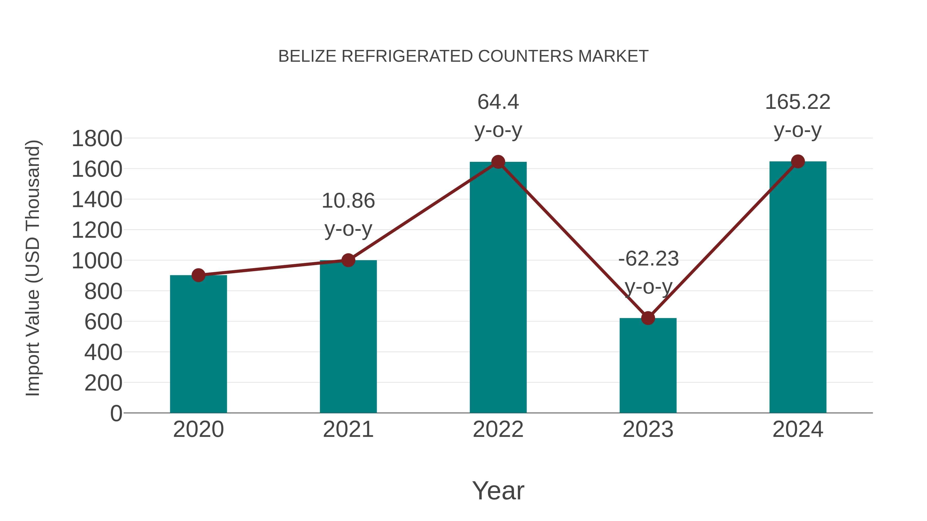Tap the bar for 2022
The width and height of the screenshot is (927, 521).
[x=498, y=287]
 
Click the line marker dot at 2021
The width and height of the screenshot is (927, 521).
[x=348, y=260]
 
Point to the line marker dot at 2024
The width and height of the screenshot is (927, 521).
[x=798, y=161]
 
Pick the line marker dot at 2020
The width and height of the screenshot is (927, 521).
[x=198, y=275]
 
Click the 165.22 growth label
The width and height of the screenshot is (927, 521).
[x=797, y=102]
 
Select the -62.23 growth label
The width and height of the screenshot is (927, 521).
[x=648, y=259]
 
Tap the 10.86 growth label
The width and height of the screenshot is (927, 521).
[x=348, y=201]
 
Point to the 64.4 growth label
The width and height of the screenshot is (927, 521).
[x=498, y=102]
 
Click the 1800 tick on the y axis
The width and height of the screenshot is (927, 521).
[x=97, y=139]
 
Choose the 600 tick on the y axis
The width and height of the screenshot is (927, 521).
[x=103, y=322]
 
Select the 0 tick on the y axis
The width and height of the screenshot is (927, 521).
[x=116, y=413]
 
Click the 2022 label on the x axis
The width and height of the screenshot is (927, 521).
[x=498, y=429]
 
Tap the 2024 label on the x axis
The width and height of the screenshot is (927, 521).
[x=798, y=429]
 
